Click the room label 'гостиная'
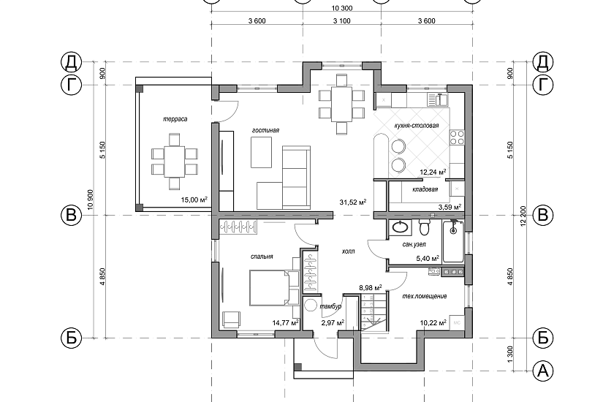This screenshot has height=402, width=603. tap(265, 130)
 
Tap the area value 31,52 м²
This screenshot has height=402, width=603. tap(352, 202)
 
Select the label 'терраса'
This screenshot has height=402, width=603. tap(175, 119)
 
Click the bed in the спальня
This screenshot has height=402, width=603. tap(274, 288)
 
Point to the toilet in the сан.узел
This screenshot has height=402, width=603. tap(424, 227)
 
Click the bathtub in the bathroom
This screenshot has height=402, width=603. tap(453, 241)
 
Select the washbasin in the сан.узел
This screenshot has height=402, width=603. tap(399, 228)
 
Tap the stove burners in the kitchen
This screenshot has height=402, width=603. tap(457, 137)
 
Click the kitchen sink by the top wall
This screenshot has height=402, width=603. tap(437, 99)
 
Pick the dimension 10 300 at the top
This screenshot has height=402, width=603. tap(341, 8)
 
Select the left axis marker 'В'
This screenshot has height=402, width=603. tap(72, 215)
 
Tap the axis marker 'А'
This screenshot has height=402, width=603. tap(543, 371)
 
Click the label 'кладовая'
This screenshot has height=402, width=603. tap(425, 189)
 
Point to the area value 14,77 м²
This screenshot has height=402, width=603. tap(286, 323)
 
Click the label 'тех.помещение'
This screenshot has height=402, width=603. tap(425, 296)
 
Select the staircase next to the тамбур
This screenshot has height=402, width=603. tap(373, 312)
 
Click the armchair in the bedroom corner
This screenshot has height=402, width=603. tap(232, 319)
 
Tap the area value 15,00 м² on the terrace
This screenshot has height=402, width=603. tap(194, 200)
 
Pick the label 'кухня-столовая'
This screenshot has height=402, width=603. tap(417, 126)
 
